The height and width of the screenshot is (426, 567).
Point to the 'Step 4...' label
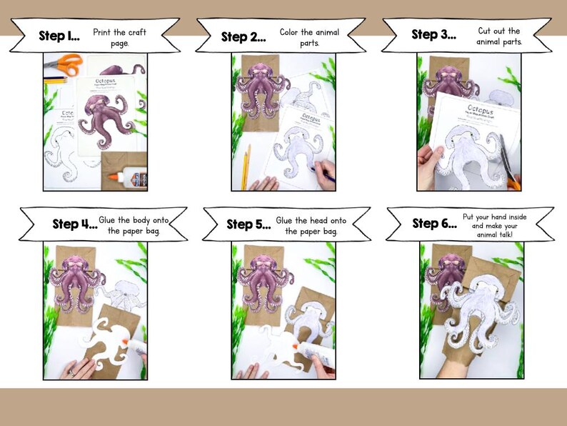pos(75,224)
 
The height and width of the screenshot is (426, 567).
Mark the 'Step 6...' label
pos(434,224)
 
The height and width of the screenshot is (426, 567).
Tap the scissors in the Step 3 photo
pos(507,161)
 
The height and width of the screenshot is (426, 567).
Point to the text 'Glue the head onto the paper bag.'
pos(311,225)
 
